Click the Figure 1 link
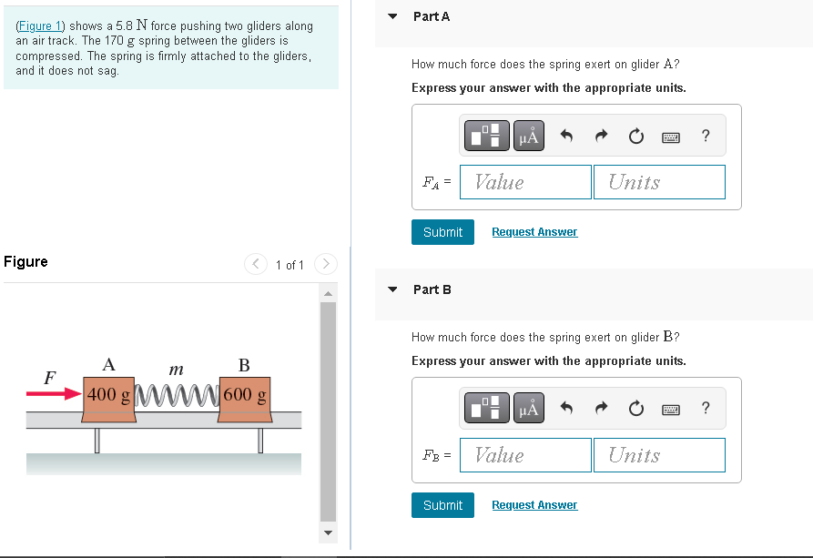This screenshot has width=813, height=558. [x=40, y=25]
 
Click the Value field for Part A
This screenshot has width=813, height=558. [x=525, y=182]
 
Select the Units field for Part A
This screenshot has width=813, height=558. [x=659, y=182]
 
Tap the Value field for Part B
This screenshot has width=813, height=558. [x=525, y=455]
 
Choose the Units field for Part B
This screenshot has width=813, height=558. [x=659, y=455]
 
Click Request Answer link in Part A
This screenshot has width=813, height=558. [x=534, y=232]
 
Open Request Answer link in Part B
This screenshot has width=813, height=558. [x=534, y=505]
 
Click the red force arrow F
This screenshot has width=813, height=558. [x=54, y=394]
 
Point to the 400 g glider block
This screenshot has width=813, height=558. [x=109, y=400]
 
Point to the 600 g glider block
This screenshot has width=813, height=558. [x=245, y=400]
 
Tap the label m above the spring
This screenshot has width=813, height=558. [x=177, y=370]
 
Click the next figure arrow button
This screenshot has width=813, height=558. [x=326, y=264]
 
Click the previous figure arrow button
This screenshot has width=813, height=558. [x=256, y=264]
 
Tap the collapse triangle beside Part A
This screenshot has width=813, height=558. [x=392, y=16]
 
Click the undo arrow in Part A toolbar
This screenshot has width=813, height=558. [x=566, y=136]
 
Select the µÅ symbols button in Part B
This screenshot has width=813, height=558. [x=529, y=409]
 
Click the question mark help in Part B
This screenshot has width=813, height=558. [x=706, y=408]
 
